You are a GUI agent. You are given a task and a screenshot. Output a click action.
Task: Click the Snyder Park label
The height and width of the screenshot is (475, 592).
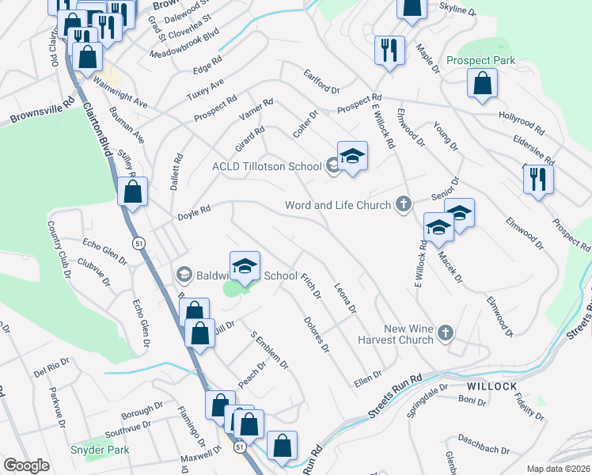click(100, 450)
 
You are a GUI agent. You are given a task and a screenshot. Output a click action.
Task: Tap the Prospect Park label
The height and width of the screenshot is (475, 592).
click(480, 60)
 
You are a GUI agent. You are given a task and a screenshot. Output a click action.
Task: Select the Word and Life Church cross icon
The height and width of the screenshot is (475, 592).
click(404, 205)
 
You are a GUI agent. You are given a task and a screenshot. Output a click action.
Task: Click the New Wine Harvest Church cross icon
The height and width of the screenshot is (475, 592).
click(446, 333)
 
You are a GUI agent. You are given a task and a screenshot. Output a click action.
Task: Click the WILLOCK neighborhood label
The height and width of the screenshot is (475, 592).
click(491, 386)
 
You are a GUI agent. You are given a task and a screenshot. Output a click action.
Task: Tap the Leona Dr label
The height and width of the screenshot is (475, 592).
click(346, 298)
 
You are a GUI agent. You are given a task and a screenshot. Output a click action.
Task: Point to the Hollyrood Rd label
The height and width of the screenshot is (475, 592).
click(522, 122)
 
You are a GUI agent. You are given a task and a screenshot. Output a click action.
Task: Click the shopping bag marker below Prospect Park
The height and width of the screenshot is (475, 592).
click(482, 83)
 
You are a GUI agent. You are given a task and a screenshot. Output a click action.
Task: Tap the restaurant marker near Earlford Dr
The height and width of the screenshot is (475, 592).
click(388, 50)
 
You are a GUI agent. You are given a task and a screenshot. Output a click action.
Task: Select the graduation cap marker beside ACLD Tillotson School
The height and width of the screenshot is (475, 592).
click(352, 156)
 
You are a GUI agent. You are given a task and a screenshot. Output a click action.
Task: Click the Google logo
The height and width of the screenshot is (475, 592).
click(27, 465)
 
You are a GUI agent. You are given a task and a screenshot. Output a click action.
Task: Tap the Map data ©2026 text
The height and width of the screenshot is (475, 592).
click(559, 468)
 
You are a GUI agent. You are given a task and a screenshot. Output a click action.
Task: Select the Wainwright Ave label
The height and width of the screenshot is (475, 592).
click(120, 92)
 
